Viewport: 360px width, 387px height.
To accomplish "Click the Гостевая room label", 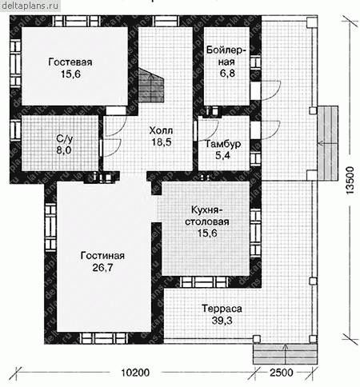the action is pyautogui.click(x=70, y=62).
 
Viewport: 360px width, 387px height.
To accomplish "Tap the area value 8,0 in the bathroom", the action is pyautogui.click(x=64, y=150).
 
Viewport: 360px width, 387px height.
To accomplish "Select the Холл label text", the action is pyautogui.click(x=161, y=130).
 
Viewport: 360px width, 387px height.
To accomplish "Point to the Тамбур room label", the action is pyautogui.click(x=223, y=144).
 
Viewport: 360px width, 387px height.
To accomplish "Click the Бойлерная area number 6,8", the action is pyautogui.click(x=227, y=73).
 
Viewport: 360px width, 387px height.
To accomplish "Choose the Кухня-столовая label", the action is pyautogui.click(x=207, y=216).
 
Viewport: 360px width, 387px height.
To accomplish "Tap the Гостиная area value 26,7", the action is pyautogui.click(x=102, y=268).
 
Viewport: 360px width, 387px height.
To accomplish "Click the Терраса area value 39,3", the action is pyautogui.click(x=222, y=321).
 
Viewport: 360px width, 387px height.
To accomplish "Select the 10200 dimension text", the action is pyautogui.click(x=135, y=373).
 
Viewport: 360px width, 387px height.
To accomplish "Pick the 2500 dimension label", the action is pyautogui.click(x=282, y=373).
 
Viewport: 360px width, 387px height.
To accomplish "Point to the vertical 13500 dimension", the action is pyautogui.click(x=350, y=181).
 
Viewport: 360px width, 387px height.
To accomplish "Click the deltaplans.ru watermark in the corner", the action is pyautogui.click(x=30, y=6).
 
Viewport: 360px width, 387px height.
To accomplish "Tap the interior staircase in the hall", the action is pyautogui.click(x=150, y=85).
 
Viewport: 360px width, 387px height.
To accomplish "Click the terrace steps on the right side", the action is pyautogui.click(x=328, y=143).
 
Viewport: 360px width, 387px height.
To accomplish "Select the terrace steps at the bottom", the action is pyautogui.click(x=285, y=353).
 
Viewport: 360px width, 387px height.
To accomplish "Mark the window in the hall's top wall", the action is pyautogui.click(x=166, y=22).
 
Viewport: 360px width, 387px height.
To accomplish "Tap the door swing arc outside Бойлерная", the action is pyautogui.click(x=271, y=90).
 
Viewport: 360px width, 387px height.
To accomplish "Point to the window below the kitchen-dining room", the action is pyautogui.click(x=203, y=282).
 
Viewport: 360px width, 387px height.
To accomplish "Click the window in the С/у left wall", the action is pyautogui.click(x=15, y=130).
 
